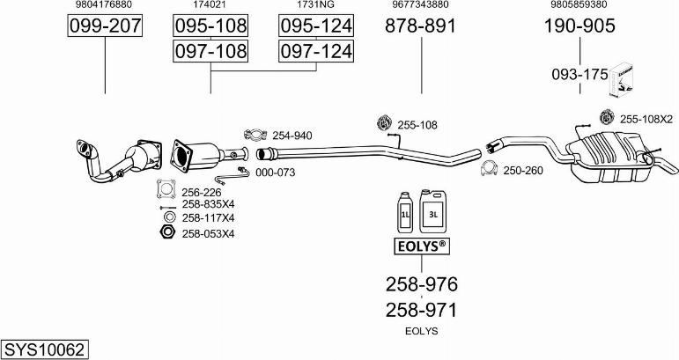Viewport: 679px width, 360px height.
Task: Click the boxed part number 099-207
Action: tap(105, 26)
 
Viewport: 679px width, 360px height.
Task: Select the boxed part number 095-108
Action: tap(210, 26)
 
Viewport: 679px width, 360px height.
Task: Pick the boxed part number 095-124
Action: tap(315, 26)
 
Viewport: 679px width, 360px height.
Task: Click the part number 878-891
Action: tap(420, 26)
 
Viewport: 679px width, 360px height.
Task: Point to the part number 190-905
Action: tap(579, 26)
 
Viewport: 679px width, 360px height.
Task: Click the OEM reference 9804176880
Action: tap(105, 5)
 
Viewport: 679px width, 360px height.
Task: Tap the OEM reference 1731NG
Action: tap(315, 5)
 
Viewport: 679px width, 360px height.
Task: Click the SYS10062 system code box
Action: tap(45, 349)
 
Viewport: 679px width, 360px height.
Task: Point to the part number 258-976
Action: tap(421, 284)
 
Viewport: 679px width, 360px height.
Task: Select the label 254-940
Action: tap(292, 136)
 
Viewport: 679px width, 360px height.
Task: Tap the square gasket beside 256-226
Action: tap(164, 188)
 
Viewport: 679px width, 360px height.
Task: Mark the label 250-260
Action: tap(522, 171)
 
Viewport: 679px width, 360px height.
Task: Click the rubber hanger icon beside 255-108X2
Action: tap(606, 118)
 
